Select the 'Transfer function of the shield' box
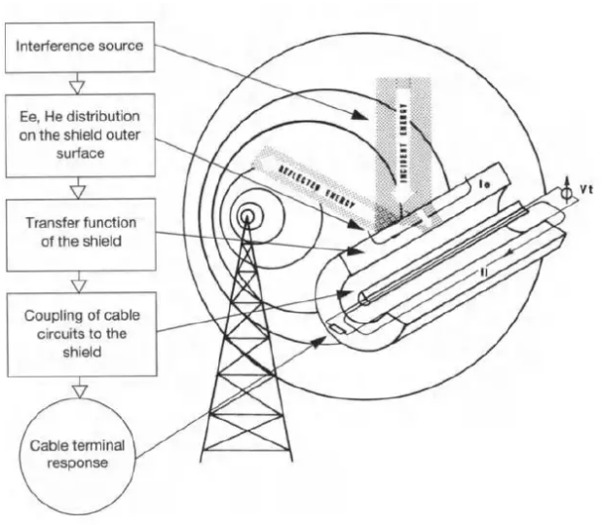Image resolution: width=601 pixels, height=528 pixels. coord(77,229)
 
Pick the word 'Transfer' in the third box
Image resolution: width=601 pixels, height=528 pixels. coord(57,220)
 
